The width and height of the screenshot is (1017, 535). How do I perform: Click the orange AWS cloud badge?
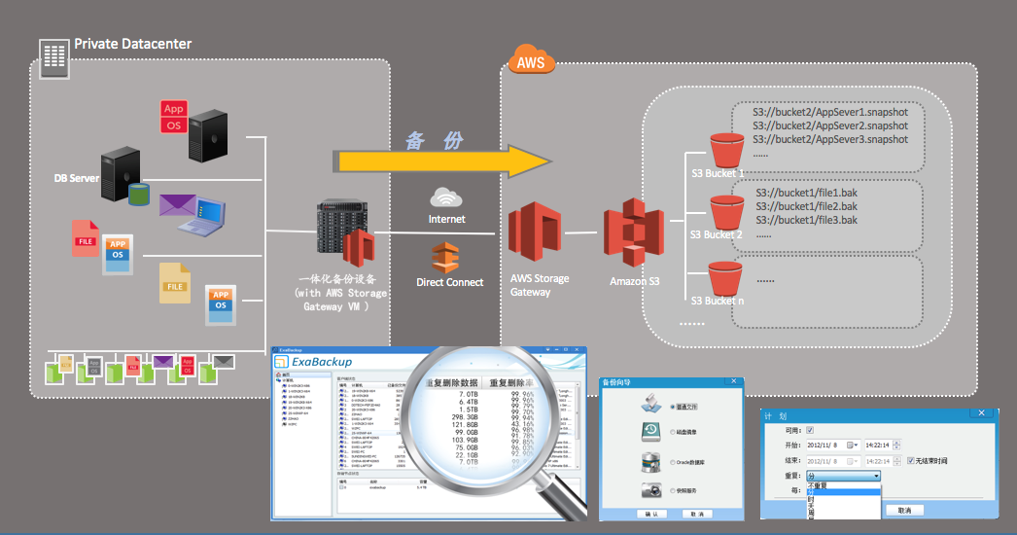coord(531,62)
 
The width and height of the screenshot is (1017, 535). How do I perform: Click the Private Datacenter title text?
coord(132,44)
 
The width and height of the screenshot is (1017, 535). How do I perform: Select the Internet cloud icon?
coord(446,197)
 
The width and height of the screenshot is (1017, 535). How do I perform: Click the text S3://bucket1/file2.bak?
coord(806,206)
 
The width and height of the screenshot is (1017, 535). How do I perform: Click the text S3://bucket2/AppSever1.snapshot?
coord(830,112)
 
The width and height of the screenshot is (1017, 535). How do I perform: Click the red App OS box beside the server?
coord(173,117)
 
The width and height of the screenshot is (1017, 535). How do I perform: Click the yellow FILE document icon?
coord(175,282)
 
